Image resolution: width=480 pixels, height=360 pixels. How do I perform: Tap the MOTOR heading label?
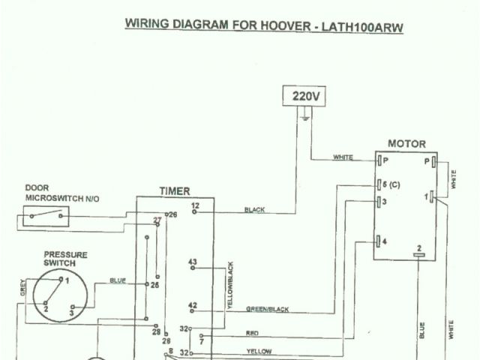pos(406,144)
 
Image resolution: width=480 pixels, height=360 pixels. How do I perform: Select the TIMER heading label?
pos(175,191)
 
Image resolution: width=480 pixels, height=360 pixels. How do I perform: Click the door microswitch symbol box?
pos(41,217)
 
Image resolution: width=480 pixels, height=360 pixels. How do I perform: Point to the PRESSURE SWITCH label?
pos(65,259)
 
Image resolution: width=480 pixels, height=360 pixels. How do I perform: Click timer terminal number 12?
pos(194,205)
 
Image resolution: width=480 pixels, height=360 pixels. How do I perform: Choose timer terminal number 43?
pos(193,262)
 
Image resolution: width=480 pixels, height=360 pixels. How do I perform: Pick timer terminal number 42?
pos(193,305)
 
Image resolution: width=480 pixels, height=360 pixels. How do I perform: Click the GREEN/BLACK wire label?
pos(267,309)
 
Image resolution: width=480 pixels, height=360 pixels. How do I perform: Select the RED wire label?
pos(252,333)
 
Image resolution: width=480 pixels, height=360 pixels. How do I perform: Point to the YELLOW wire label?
pos(257,350)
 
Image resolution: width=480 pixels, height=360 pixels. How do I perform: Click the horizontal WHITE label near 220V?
pos(342,157)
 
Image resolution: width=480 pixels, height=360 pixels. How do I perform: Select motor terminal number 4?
pos(385,241)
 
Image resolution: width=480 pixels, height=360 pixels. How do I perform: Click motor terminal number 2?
pos(419,248)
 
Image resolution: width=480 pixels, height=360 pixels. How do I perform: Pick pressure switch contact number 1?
pos(67,280)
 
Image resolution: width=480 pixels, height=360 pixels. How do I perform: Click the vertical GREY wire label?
pos(22,287)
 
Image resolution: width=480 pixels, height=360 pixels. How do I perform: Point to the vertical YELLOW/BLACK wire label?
pos(231,286)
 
